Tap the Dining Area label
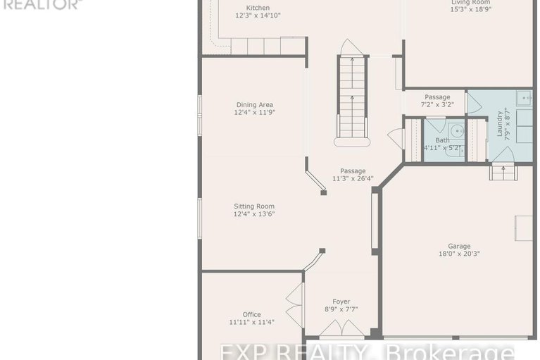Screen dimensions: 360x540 click(x=253, y=104)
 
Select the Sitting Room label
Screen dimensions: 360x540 click(x=254, y=206)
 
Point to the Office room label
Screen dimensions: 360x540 click(x=251, y=314)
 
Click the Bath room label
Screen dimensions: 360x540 click(x=442, y=140)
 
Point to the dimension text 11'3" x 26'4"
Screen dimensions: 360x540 click(x=353, y=178)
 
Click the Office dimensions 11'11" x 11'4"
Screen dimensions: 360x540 click(x=251, y=322)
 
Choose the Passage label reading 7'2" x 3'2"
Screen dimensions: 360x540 click(x=437, y=104)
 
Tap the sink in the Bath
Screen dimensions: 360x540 click(x=457, y=130)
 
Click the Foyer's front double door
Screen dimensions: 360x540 click(x=341, y=329)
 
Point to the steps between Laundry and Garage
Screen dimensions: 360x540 click(x=501, y=171)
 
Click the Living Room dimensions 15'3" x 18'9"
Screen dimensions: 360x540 click(x=470, y=10)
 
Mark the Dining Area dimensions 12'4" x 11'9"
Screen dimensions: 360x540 click(x=253, y=112)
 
